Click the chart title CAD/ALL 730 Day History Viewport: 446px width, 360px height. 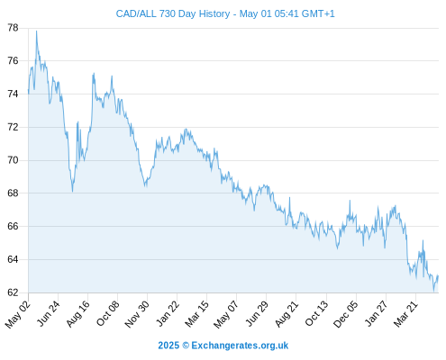pyautogui.click(x=173, y=13)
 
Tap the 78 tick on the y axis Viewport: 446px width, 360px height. pyautogui.click(x=13, y=28)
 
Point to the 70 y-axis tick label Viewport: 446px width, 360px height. pyautogui.click(x=13, y=160)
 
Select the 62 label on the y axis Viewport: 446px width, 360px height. pyautogui.click(x=13, y=292)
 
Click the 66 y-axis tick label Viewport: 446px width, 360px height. pyautogui.click(x=13, y=226)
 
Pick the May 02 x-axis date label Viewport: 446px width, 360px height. pyautogui.click(x=18, y=314)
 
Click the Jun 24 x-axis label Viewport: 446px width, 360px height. pyautogui.click(x=48, y=313)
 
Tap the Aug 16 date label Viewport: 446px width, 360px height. pyautogui.click(x=77, y=313)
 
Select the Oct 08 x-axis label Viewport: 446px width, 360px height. pyautogui.click(x=107, y=313)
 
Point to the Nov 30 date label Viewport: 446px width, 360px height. pyautogui.click(x=137, y=314)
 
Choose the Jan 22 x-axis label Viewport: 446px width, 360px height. pyautogui.click(x=168, y=313)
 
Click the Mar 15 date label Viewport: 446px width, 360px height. pyautogui.click(x=196, y=313)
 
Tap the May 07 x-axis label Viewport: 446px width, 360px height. pyautogui.click(x=226, y=314)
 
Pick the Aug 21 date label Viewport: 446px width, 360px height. pyautogui.click(x=287, y=313)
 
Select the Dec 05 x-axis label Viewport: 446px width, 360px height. pyautogui.click(x=346, y=314)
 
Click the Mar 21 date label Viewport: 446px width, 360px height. pyautogui.click(x=405, y=313)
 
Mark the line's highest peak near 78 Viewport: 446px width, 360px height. pyautogui.click(x=37, y=31)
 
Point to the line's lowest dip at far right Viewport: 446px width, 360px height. pyautogui.click(x=433, y=291)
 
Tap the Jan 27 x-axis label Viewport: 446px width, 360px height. pyautogui.click(x=376, y=313)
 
